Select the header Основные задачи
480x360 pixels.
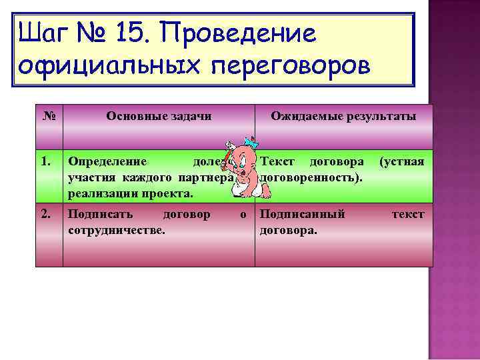(x=159, y=116)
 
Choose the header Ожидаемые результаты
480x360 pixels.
(x=343, y=116)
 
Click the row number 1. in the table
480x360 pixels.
(x=46, y=161)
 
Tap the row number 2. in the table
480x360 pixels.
(x=46, y=214)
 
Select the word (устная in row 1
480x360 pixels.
(x=401, y=161)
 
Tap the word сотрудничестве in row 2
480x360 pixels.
(x=117, y=230)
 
